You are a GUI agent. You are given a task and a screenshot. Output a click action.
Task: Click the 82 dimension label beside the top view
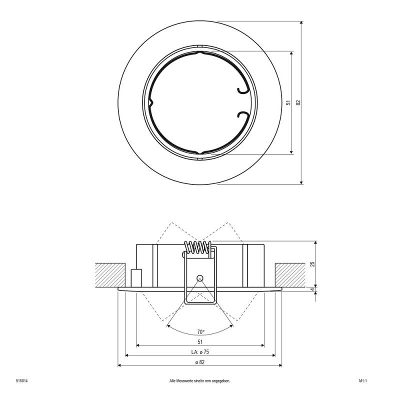[298, 102]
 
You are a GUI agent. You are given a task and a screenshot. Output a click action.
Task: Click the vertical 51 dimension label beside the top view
[288, 103]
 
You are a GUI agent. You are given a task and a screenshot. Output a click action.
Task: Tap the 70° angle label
[201, 332]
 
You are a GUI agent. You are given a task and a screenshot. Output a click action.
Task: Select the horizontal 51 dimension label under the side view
[200, 342]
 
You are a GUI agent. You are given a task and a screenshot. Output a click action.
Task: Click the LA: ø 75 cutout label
[200, 352]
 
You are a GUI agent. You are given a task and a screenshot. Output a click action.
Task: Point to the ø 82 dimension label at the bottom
[200, 362]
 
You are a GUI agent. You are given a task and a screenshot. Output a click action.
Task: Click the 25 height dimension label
[313, 264]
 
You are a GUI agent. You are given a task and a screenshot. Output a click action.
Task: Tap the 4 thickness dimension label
[313, 289]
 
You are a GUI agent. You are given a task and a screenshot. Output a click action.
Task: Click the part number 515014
[22, 381]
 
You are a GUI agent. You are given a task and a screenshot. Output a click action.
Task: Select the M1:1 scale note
[363, 381]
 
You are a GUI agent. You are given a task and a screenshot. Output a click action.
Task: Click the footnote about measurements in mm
[200, 381]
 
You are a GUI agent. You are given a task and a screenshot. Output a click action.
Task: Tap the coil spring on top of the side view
[198, 247]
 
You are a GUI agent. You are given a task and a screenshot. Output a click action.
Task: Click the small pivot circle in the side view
[199, 277]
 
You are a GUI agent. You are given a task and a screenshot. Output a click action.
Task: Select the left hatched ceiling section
[110, 275]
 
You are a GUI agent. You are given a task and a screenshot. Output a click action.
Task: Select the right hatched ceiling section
[290, 275]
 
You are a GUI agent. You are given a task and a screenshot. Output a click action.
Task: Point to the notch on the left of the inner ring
[151, 103]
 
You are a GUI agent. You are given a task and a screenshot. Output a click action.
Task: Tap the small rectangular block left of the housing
[136, 278]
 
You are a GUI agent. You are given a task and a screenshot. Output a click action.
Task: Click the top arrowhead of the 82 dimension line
[301, 23]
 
